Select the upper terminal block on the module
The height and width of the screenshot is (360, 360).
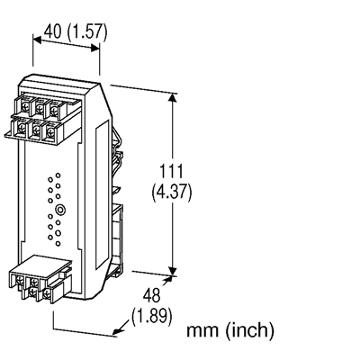tap(43, 115)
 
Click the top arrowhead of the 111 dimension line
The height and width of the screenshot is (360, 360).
tap(171, 96)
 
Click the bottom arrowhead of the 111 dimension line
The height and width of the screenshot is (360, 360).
tap(171, 266)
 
